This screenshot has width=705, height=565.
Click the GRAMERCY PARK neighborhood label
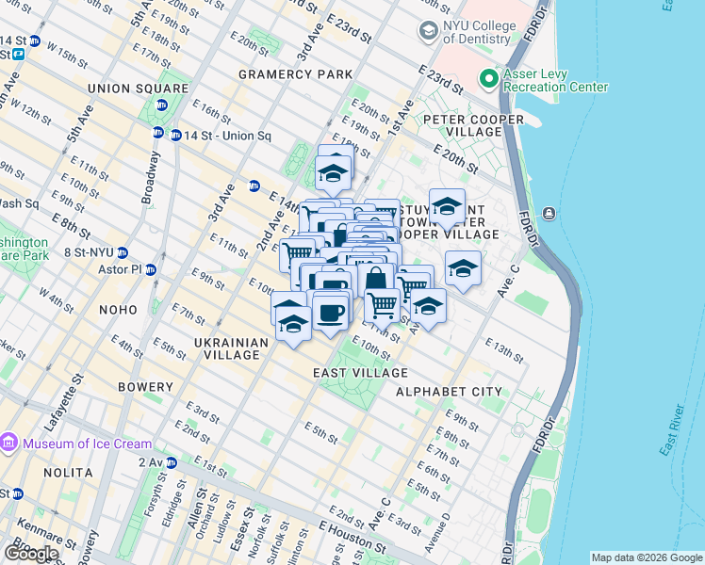click(x=295, y=73)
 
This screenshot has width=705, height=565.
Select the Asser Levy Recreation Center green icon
click(x=488, y=79)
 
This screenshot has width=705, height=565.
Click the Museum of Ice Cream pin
click(x=9, y=443)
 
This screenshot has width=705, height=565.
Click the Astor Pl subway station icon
click(x=151, y=269)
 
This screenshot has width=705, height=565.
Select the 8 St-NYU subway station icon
click(x=123, y=252)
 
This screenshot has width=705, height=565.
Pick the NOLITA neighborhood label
click(x=67, y=472)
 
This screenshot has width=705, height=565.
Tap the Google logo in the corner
click(x=31, y=554)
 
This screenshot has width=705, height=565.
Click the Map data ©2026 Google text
click(x=645, y=557)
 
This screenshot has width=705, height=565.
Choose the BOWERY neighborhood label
click(x=145, y=387)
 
